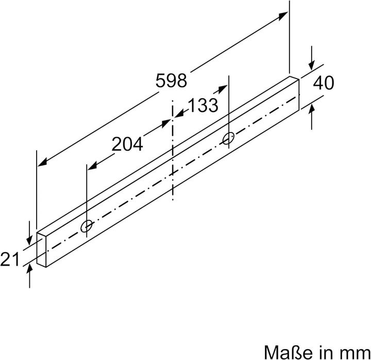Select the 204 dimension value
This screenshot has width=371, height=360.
click(x=127, y=145)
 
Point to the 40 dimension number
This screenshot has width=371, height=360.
click(x=324, y=83)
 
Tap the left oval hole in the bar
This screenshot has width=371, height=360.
click(x=87, y=225)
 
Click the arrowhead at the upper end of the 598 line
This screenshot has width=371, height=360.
click(x=284, y=16)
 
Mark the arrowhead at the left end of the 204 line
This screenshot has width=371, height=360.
click(x=92, y=166)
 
